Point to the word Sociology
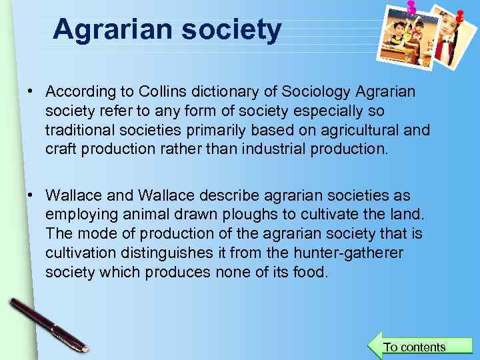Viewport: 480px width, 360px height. tap(315, 91)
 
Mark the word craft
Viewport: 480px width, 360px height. tap(61, 149)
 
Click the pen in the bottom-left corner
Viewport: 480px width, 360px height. tap(47, 324)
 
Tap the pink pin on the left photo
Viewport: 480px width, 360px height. tap(411, 8)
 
